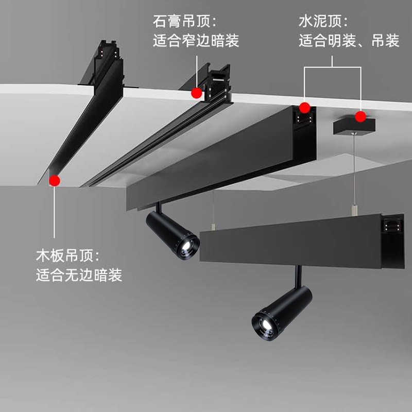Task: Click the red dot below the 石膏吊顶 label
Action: coord(196,93)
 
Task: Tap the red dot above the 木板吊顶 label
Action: coord(54,180)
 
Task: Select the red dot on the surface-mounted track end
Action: coord(305,108)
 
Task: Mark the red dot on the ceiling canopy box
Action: coord(360,116)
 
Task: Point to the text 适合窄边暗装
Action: coord(196,41)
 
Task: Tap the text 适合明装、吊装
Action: coord(349,41)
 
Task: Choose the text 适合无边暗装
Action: coord(79,275)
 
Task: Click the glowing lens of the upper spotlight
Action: coord(188,246)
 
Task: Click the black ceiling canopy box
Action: coord(354,125)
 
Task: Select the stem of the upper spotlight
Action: coord(160,207)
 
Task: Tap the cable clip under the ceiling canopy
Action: coord(353,210)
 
